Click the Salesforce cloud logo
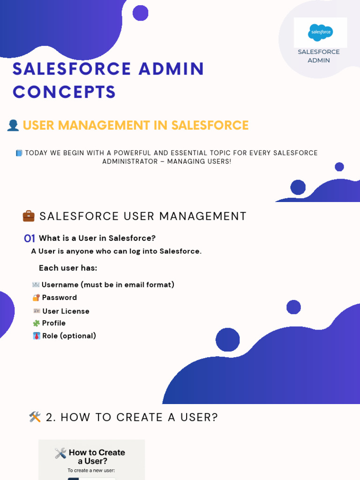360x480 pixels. point(321,32)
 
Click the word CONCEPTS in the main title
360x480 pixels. point(64,92)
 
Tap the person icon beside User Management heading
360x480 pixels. point(13,125)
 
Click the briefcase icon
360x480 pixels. point(29,216)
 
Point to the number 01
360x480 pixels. point(30,239)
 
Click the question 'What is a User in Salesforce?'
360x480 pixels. point(97,238)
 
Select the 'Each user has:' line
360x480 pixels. point(68,268)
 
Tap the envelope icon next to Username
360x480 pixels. point(36,285)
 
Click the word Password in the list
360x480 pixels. point(60,298)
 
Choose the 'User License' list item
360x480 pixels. point(66,311)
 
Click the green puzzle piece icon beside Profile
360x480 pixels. point(36,323)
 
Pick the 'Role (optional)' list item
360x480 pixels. point(69,336)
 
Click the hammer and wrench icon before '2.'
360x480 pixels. point(35,417)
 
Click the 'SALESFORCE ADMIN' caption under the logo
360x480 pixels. point(319,56)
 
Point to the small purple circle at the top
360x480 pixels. point(140,13)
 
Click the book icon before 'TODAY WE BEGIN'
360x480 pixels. point(19,153)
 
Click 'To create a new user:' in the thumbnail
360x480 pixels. point(91,470)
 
